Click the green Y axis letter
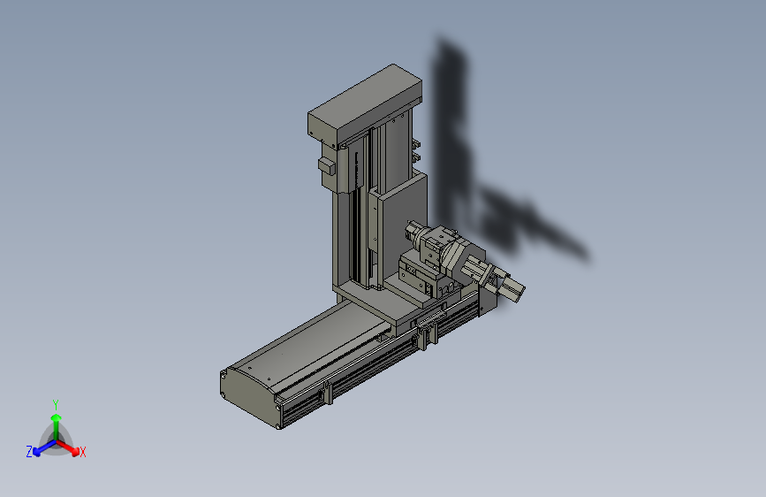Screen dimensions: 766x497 click(x=56, y=405)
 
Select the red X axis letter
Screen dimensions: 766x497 click(x=82, y=453)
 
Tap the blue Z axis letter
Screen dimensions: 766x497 click(x=29, y=452)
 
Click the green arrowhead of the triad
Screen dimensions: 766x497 click(x=57, y=417)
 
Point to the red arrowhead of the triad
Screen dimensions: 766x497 click(x=75, y=451)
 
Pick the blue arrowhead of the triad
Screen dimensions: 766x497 click(x=37, y=451)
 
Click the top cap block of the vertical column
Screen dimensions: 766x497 click(x=364, y=104)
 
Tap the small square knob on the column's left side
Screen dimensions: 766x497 click(x=327, y=165)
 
